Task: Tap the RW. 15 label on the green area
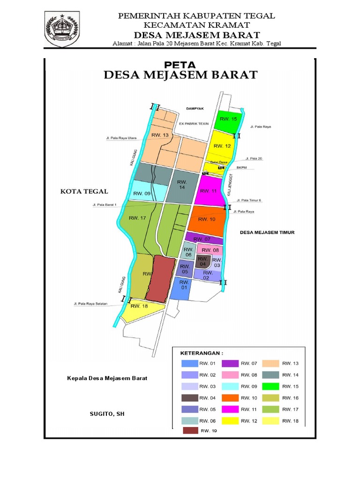(x=228, y=119)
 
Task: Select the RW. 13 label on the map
(x=159, y=135)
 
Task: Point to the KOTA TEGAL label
(x=84, y=191)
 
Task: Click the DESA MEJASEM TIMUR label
(x=267, y=232)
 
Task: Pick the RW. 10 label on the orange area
(x=207, y=219)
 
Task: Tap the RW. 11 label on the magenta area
(x=208, y=191)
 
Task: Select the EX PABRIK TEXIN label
(x=194, y=124)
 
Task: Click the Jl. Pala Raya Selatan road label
(x=90, y=304)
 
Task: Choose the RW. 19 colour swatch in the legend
(x=190, y=430)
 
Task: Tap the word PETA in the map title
(x=180, y=65)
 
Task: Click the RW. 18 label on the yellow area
(x=139, y=306)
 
